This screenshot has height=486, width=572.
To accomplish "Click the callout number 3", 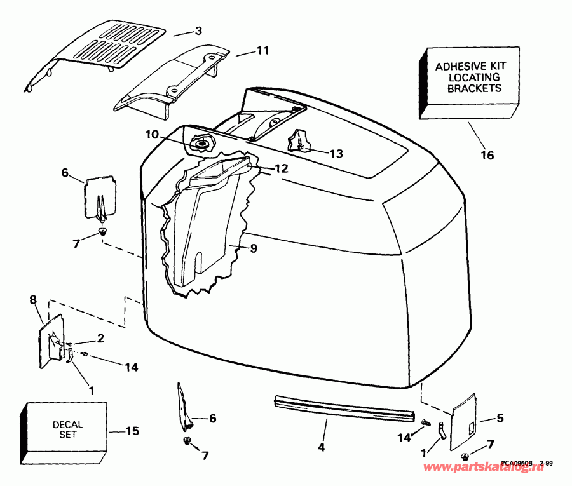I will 198,31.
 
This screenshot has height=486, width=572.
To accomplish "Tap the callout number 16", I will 487,155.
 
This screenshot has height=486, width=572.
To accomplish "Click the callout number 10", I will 151,134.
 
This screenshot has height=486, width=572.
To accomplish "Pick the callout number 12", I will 282,169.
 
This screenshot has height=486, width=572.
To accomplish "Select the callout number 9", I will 253,249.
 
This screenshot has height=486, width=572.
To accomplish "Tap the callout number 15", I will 132,431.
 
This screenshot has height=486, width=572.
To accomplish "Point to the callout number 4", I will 321,447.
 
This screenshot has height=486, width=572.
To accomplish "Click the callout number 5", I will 500,419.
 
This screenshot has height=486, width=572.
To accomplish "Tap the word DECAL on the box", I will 68,424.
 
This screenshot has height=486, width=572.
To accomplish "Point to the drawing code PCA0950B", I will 517,464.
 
